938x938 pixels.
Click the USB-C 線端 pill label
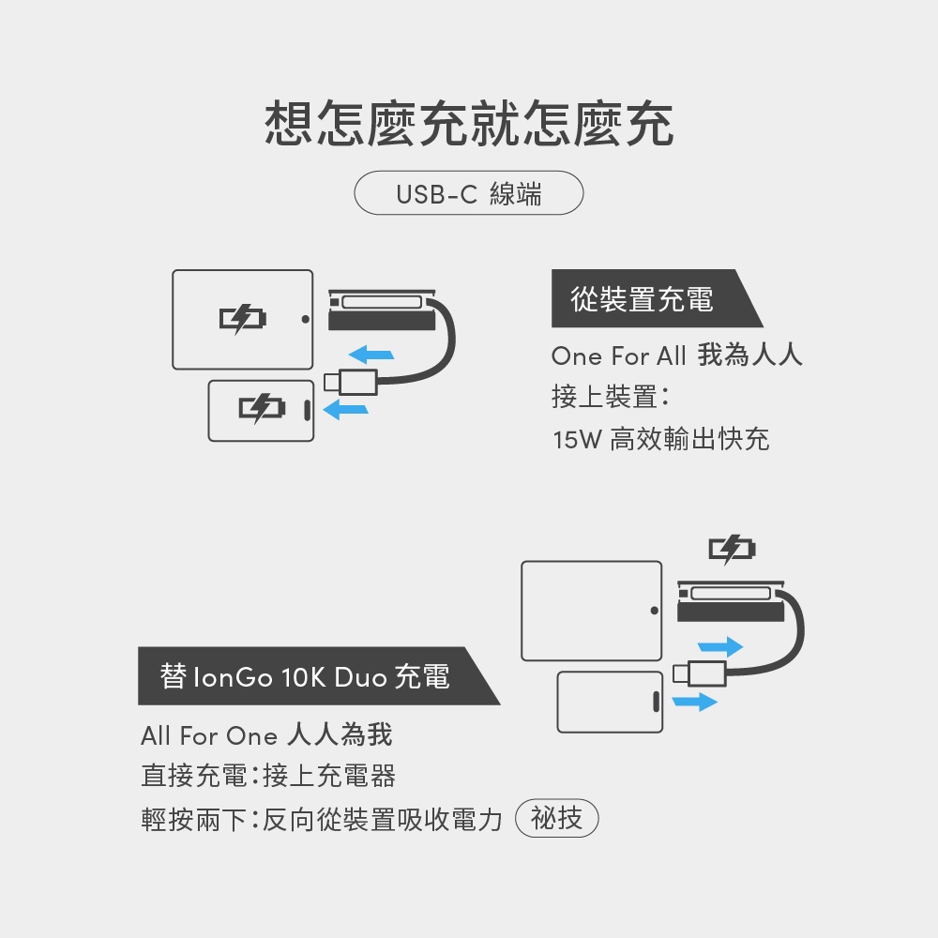click(x=468, y=192)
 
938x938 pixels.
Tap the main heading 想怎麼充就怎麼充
click(x=469, y=124)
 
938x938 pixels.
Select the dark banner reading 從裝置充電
click(x=657, y=298)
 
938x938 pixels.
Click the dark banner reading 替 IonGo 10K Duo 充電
click(x=318, y=676)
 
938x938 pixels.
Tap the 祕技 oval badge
click(x=556, y=818)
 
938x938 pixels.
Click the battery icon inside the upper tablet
click(x=242, y=318)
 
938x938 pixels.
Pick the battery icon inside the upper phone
click(x=262, y=409)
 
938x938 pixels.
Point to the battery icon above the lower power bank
click(x=733, y=549)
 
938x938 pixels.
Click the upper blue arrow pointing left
click(x=371, y=355)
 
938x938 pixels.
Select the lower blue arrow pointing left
click(x=345, y=410)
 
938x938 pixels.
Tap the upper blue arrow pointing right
click(x=720, y=646)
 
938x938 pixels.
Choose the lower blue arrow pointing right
click(x=694, y=701)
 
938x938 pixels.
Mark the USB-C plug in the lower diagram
click(x=700, y=673)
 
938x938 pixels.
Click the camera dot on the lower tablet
click(x=655, y=611)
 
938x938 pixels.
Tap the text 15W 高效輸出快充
click(x=661, y=439)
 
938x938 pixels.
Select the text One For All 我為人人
click(x=676, y=356)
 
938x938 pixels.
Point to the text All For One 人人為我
click(x=266, y=735)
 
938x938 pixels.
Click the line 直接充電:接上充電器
click(x=268, y=776)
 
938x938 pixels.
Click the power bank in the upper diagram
click(x=383, y=310)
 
